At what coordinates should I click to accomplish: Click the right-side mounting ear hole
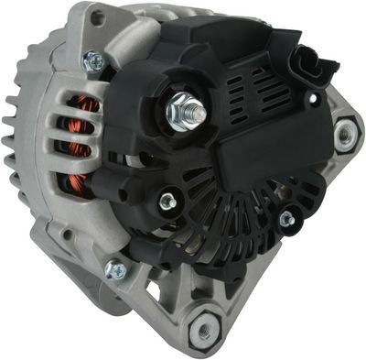[345, 135]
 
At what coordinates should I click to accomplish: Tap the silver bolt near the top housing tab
[92, 61]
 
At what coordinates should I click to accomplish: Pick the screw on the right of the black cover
[286, 218]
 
